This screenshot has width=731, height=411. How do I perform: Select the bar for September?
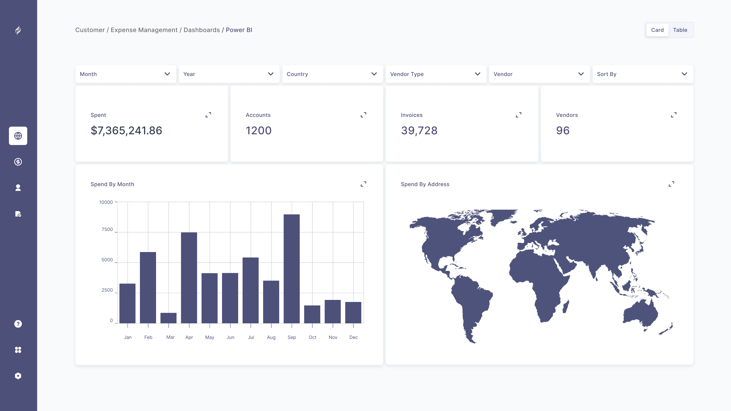click(291, 269)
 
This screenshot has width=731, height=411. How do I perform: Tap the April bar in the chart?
click(189, 278)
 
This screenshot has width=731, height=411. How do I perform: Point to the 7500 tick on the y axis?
click(107, 229)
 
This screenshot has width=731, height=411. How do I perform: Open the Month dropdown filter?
click(126, 74)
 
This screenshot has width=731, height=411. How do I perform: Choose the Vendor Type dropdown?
click(436, 74)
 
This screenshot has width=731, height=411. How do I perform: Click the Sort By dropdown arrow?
click(685, 74)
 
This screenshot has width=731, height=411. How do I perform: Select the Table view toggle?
click(680, 30)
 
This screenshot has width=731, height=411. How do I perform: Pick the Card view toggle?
click(657, 30)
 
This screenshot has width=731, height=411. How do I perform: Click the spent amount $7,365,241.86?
click(126, 130)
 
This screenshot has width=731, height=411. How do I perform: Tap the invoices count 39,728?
click(419, 130)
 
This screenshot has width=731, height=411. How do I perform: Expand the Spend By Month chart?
click(363, 184)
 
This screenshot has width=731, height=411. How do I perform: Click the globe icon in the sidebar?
click(18, 136)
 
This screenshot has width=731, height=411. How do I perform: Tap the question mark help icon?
click(18, 324)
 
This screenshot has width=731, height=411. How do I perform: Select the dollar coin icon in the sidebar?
click(18, 162)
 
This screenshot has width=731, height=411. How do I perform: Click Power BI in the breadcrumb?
click(239, 30)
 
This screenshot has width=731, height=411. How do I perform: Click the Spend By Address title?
click(425, 184)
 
